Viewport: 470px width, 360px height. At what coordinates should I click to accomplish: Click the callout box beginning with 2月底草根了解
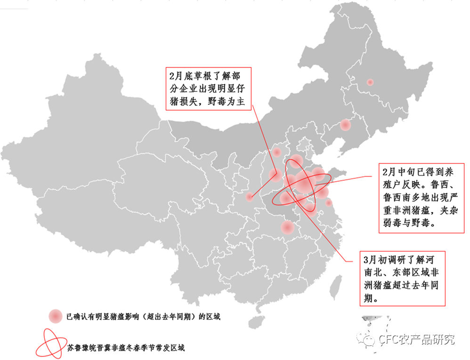(x=208, y=89)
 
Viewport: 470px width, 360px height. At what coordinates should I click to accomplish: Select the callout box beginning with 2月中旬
(x=421, y=198)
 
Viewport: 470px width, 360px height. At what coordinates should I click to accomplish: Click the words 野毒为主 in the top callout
(x=225, y=101)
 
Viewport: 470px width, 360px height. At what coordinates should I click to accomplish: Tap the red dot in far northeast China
(x=370, y=82)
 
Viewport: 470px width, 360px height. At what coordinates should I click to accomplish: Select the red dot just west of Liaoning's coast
(x=345, y=125)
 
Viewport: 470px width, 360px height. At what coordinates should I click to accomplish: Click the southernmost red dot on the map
(x=287, y=228)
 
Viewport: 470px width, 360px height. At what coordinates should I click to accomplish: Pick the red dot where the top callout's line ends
(x=250, y=196)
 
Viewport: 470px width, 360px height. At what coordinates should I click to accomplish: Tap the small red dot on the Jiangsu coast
(x=329, y=203)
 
